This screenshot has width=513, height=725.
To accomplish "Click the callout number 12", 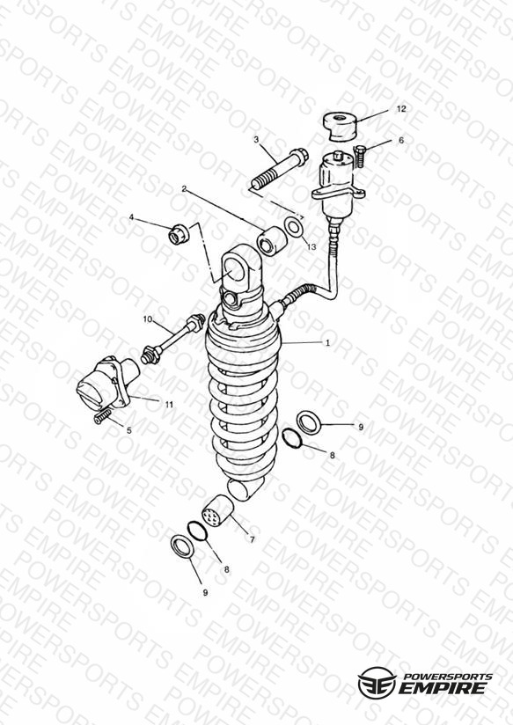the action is tap(401, 108).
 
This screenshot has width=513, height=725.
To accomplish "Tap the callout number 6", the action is tap(401, 140).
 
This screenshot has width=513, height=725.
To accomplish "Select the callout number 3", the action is tap(256, 140).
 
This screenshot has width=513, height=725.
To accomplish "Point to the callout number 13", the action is tap(311, 247).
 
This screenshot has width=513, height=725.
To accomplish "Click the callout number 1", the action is tap(328, 342).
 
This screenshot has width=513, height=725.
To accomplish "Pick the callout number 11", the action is tap(169, 404).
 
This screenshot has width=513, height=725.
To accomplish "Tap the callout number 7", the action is tap(253, 539).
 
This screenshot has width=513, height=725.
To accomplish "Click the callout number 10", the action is tap(148, 319).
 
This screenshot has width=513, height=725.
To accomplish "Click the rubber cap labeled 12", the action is tap(341, 126).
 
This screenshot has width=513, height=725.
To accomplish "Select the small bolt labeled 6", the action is tap(360, 156).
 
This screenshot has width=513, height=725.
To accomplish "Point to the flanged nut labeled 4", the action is tap(179, 234).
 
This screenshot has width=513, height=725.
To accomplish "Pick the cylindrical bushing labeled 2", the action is tap(271, 240).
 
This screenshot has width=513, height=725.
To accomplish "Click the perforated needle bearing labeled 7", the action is tap(217, 511).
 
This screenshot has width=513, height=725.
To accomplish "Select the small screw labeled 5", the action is tap(104, 416).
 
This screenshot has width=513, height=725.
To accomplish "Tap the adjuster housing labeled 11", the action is tap(109, 383).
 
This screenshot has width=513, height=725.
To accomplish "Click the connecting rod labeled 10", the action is tap(172, 339).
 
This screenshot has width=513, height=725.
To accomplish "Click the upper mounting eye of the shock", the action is tap(240, 269).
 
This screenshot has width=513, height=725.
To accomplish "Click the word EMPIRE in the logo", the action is tap(443, 688).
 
